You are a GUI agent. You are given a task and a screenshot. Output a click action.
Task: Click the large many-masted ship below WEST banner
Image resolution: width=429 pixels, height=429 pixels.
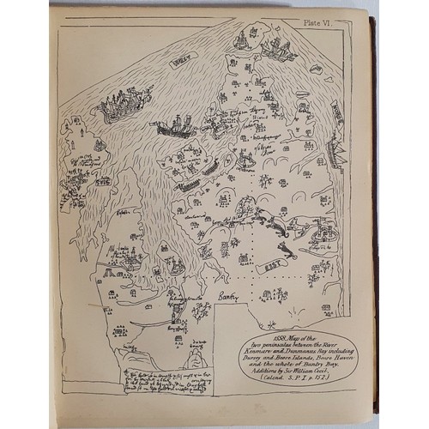125,105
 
